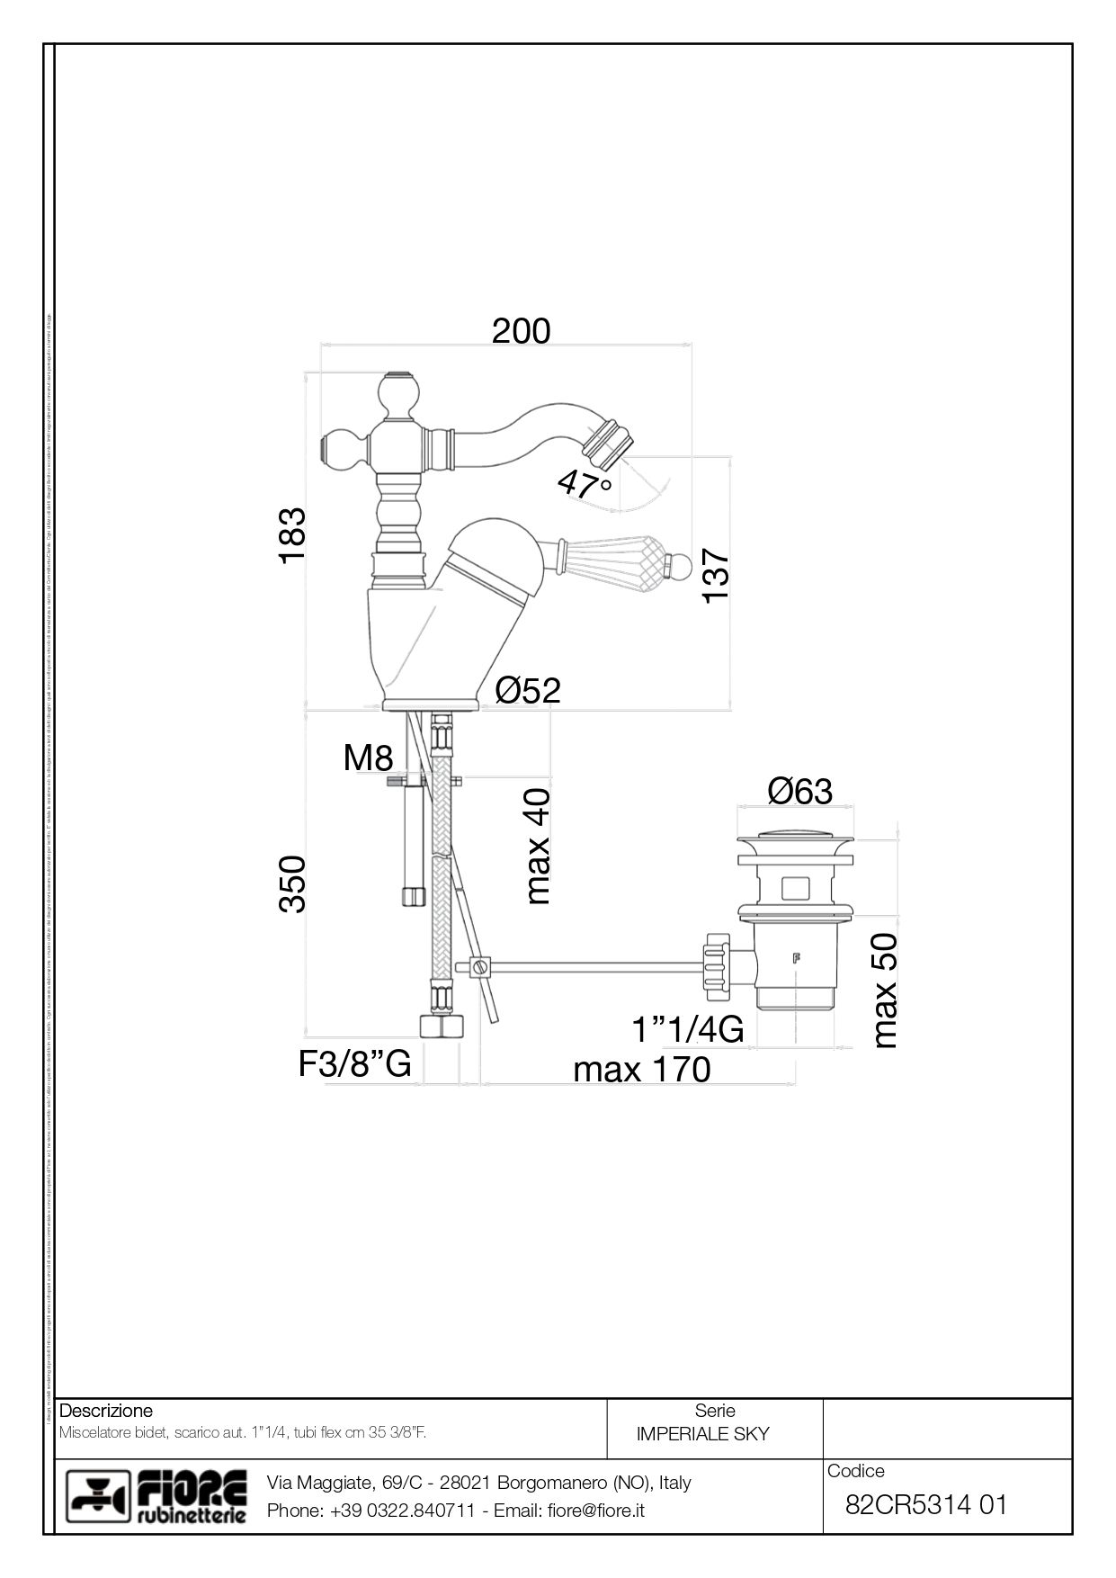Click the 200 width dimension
(521, 331)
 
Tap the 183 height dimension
(293, 536)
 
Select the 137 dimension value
(716, 576)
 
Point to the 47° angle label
(585, 485)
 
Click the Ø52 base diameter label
(528, 690)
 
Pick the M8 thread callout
(368, 758)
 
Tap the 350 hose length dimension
(293, 884)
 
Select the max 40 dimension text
(538, 847)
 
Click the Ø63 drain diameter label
(799, 792)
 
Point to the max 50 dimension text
(886, 991)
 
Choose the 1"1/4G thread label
(687, 1029)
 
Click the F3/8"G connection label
(355, 1064)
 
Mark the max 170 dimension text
(641, 1070)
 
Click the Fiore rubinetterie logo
(158, 1497)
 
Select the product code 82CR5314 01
(926, 1504)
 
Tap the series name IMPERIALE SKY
(702, 1434)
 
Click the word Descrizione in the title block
(106, 1411)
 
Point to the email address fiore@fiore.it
(596, 1511)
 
